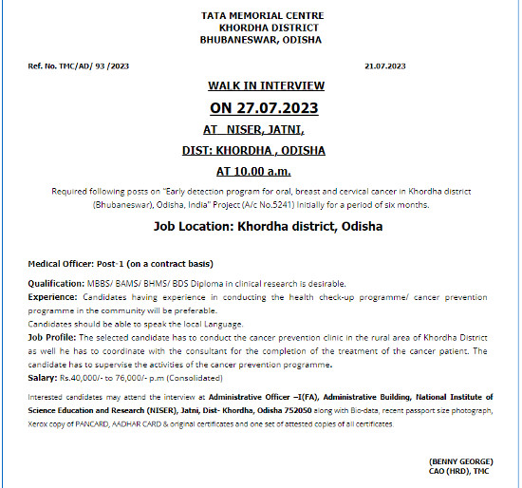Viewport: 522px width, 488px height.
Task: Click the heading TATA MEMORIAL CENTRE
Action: coord(263,16)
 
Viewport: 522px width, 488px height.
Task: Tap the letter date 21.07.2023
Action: coord(384,66)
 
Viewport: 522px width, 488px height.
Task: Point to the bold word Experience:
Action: coord(55,297)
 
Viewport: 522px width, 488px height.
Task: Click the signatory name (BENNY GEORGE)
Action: coord(461,460)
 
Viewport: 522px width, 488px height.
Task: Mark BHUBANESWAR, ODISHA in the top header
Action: coord(260,40)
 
